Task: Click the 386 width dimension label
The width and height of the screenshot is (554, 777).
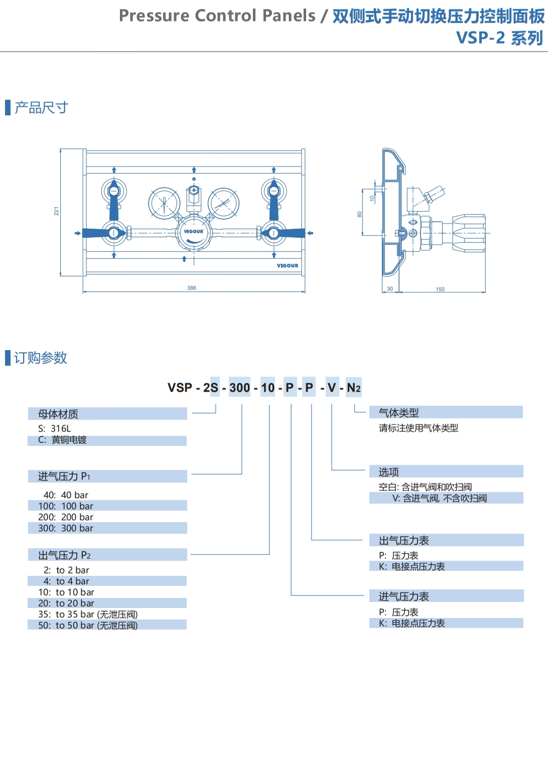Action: click(x=192, y=288)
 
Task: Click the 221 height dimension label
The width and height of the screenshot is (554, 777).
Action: click(x=57, y=211)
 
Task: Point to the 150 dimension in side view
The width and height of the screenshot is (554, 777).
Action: click(x=440, y=289)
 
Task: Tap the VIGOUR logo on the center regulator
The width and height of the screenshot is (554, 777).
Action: click(x=193, y=232)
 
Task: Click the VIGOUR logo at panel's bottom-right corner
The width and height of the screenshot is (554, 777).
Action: click(x=288, y=266)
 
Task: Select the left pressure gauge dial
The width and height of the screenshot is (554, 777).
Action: click(x=164, y=203)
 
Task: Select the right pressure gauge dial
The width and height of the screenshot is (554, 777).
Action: click(x=223, y=203)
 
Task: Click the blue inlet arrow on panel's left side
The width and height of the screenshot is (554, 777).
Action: click(x=77, y=233)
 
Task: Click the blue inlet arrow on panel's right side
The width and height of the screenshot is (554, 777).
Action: click(x=310, y=233)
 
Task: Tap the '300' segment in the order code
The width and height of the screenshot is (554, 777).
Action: click(x=239, y=388)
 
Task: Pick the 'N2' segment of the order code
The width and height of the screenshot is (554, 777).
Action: click(x=354, y=388)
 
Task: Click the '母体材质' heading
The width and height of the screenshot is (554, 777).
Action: click(x=58, y=414)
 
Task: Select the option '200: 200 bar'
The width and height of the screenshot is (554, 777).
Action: click(x=66, y=517)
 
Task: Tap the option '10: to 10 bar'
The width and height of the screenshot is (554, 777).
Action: click(x=66, y=592)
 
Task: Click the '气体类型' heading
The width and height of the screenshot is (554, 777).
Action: click(x=399, y=413)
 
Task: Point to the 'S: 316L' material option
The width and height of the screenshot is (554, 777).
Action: click(x=55, y=428)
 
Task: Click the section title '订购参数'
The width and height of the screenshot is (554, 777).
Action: click(x=41, y=358)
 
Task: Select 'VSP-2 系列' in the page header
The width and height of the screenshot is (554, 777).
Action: click(x=499, y=38)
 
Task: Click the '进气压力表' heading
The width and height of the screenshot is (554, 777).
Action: click(x=404, y=596)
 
